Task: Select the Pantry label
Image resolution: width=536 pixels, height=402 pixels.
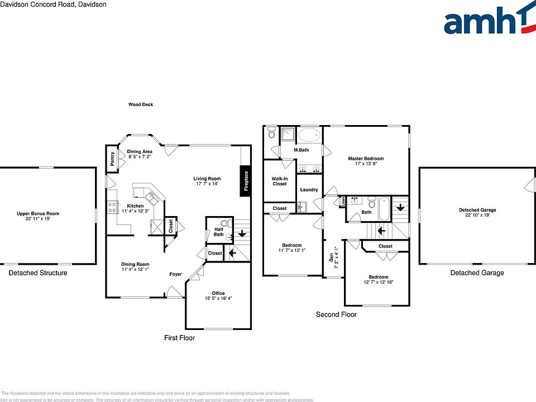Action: (112, 158)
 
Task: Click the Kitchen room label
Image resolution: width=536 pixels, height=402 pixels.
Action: (135, 205)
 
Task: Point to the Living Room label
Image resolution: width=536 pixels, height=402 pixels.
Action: (207, 179)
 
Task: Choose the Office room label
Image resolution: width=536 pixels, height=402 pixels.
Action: (218, 294)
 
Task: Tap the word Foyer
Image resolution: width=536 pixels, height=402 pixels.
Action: (176, 274)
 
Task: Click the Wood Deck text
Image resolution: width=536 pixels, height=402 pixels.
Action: (141, 104)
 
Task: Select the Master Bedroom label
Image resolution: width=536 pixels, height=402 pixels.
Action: (366, 159)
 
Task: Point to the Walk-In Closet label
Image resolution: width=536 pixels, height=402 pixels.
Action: (279, 181)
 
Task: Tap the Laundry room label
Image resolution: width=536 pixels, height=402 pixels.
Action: (309, 190)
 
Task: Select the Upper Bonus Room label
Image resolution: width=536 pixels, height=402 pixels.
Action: (38, 214)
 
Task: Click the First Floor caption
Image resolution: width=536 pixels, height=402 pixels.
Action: (179, 338)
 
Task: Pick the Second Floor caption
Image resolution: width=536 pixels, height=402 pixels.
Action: (336, 314)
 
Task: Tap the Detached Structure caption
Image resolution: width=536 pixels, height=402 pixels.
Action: (38, 273)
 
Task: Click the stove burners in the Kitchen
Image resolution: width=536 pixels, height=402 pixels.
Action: (112, 207)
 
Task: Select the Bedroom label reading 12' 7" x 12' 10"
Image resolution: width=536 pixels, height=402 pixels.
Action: (378, 277)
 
